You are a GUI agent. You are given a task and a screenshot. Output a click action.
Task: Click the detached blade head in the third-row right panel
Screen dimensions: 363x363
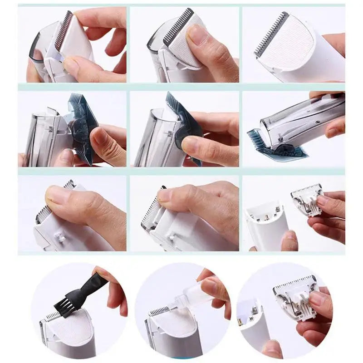308,199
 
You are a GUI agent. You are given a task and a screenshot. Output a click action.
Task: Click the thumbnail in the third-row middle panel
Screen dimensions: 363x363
165,195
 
